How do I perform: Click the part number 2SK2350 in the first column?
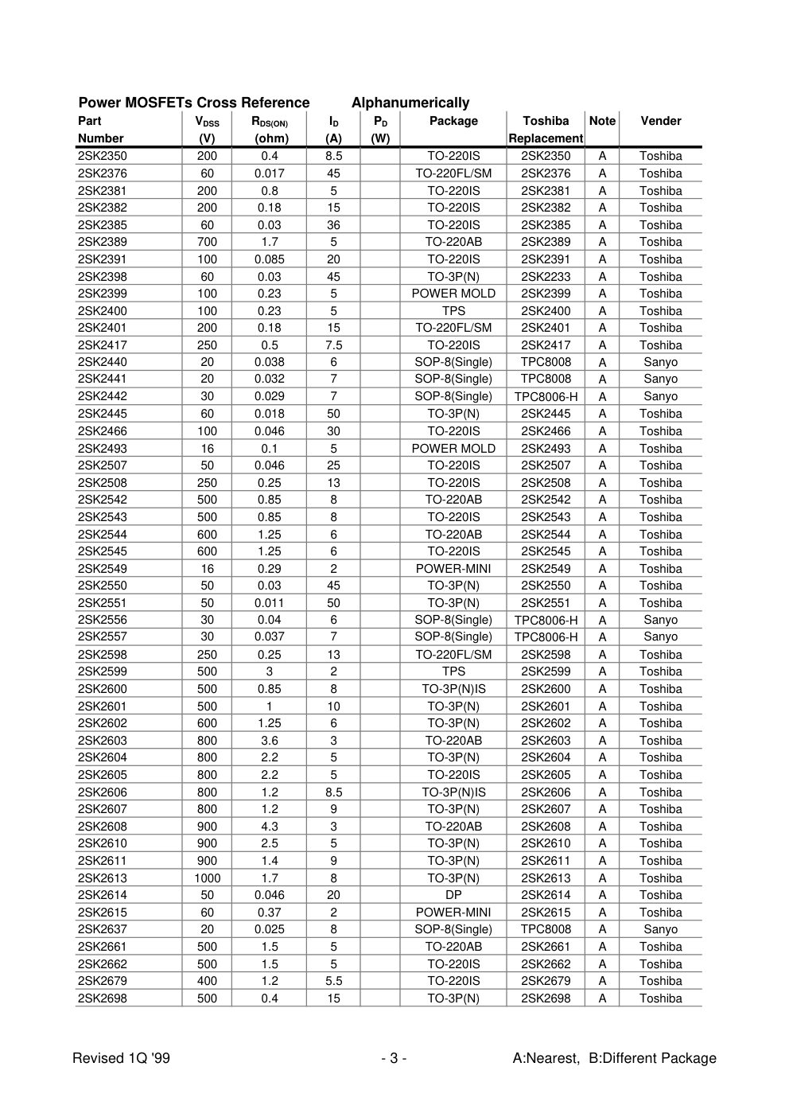[102, 156]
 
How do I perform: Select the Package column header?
[453, 121]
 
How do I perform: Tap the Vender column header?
[660, 121]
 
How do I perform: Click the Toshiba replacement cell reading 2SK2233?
[546, 277]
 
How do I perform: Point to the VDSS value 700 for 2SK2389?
[207, 242]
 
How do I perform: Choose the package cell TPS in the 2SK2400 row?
[453, 311]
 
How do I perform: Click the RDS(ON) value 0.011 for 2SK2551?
[270, 603]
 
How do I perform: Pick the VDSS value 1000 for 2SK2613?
[207, 878]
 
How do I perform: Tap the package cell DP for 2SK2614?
[453, 895]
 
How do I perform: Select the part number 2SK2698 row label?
[102, 998]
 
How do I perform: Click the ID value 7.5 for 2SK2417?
[333, 345]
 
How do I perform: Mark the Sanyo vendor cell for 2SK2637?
[660, 929]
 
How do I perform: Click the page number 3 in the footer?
[394, 1058]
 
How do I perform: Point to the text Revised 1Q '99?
[121, 1058]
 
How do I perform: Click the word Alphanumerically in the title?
[410, 103]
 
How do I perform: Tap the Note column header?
[602, 121]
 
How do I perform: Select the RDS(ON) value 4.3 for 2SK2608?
[270, 827]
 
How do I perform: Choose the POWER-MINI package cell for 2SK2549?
[453, 569]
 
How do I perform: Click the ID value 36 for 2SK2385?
[333, 225]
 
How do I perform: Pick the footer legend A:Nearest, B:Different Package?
[614, 1058]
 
